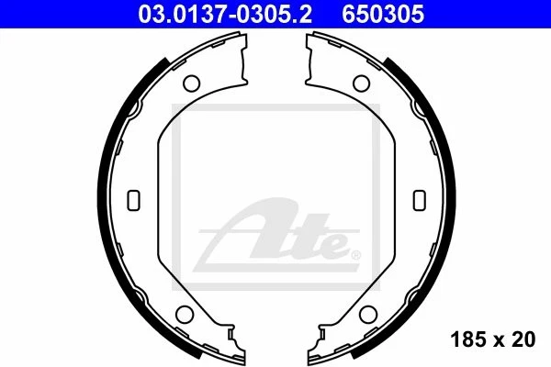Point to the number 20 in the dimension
(x=524, y=339)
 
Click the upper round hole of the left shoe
(x=192, y=83)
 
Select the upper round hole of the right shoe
(x=359, y=83)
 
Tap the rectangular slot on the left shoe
(x=133, y=198)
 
